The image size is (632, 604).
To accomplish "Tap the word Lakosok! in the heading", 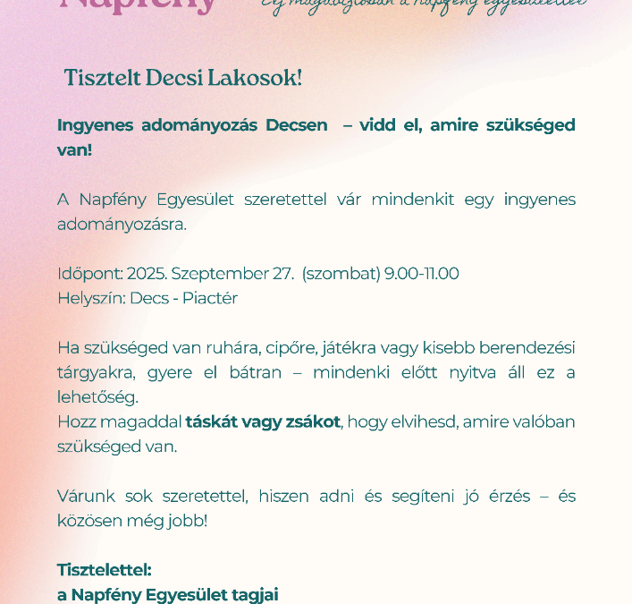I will (x=255, y=78).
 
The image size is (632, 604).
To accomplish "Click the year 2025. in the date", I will (x=147, y=274).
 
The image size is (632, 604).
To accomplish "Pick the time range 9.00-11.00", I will (x=421, y=274).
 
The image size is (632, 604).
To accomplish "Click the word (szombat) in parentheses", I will (x=341, y=274).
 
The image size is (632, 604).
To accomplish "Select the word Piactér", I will (x=210, y=298).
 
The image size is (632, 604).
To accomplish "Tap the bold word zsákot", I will (x=313, y=421).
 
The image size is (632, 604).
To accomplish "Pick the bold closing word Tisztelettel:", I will (x=105, y=569).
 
